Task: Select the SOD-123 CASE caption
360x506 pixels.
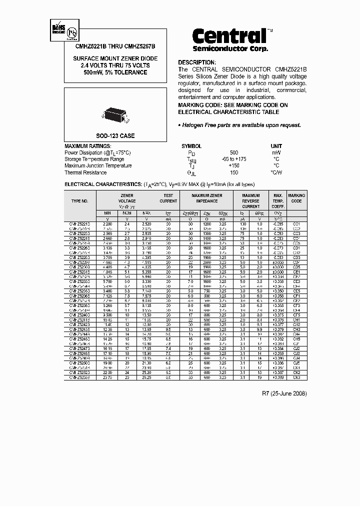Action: coord(115,136)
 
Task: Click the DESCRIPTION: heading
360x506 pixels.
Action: coord(200,62)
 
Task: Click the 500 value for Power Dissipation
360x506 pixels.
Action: coord(234,152)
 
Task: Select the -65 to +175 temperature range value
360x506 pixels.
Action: coord(234,159)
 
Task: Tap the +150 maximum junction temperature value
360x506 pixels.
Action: coord(234,165)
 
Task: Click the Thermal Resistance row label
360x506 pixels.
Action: coord(85,172)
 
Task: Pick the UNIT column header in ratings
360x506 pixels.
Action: coord(276,146)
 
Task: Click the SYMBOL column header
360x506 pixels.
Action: coord(191,146)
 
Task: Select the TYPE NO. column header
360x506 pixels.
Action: coord(80,201)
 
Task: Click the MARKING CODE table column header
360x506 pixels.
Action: coord(296,198)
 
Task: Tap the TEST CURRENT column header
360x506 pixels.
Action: coord(168,198)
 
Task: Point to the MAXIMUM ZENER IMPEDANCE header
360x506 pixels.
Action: coord(207,198)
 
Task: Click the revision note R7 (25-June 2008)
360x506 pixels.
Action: coord(284,393)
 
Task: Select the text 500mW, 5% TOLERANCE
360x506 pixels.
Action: coord(115,72)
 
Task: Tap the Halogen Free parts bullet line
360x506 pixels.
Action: coord(240,125)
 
